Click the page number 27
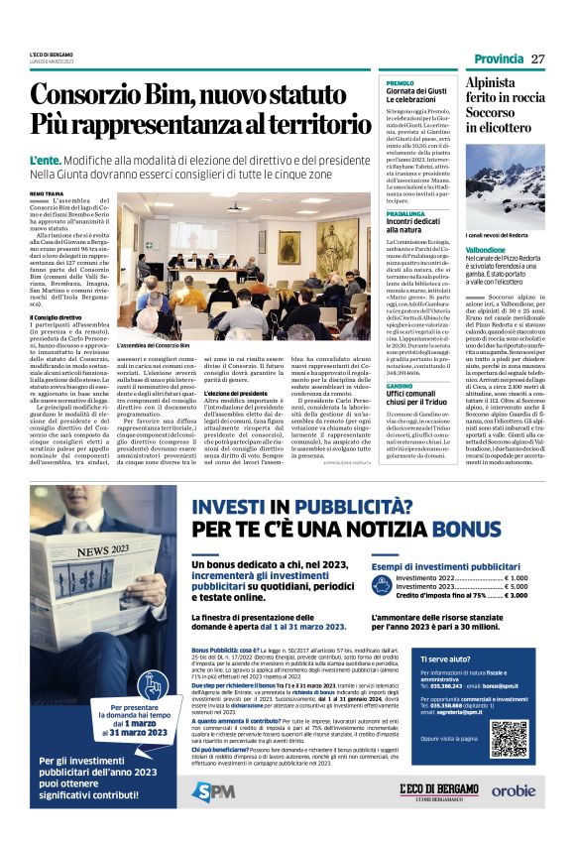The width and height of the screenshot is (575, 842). [x=537, y=59]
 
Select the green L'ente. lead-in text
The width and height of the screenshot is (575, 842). [x=47, y=159]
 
